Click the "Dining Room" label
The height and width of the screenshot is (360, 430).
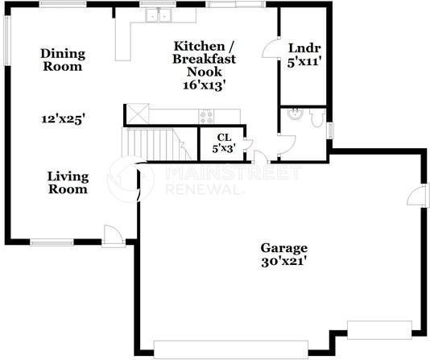coord(62,60)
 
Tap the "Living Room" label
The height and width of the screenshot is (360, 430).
coord(67,183)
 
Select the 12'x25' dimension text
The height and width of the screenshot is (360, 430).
coord(64,118)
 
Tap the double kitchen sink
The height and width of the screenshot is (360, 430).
coord(159,15)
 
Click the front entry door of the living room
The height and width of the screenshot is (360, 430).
coord(113,234)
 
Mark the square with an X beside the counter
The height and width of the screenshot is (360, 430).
coord(134,114)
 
